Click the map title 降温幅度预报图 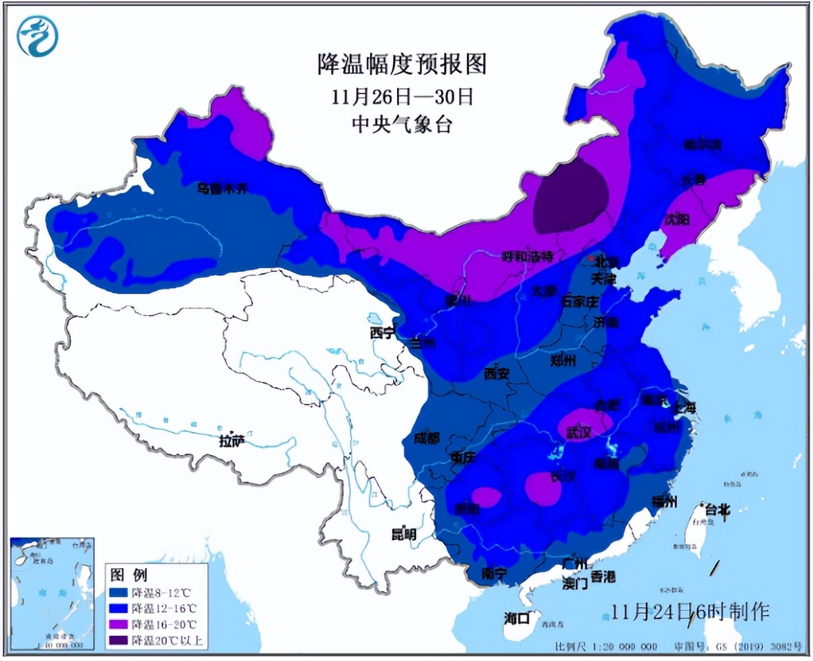tap(402, 65)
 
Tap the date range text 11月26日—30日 tap(402, 96)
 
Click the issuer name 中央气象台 tap(402, 125)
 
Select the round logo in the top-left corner tap(38, 36)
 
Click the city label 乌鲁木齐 tap(222, 188)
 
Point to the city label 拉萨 tap(231, 442)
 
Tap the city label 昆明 tap(404, 534)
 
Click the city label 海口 tap(518, 618)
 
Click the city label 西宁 tap(382, 333)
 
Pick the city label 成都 tap(426, 439)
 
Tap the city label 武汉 tap(578, 433)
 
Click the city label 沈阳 tap(676, 219)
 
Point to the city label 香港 tap(602, 577)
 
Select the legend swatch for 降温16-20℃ tap(118, 624)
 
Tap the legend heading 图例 tap(129, 575)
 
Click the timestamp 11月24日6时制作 tap(690, 612)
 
